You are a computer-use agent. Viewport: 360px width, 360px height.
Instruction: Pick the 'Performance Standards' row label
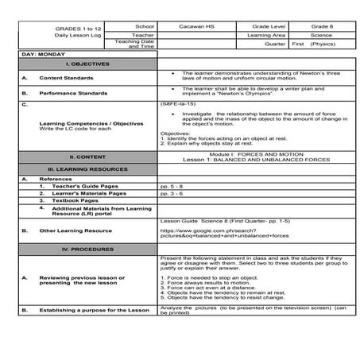coord(72,92)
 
